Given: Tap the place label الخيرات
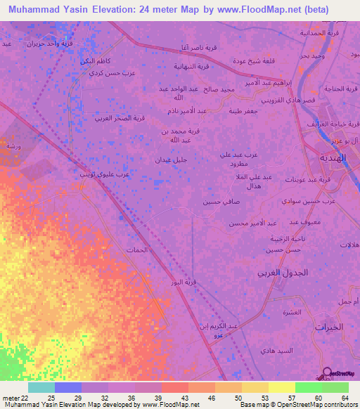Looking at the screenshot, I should pos(332,327).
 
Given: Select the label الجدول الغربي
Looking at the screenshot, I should pos(280,272).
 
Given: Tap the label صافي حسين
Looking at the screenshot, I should pos(216,202).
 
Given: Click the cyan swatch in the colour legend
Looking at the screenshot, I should pos(41,388).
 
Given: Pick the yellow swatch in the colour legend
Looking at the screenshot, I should pos(281,388).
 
